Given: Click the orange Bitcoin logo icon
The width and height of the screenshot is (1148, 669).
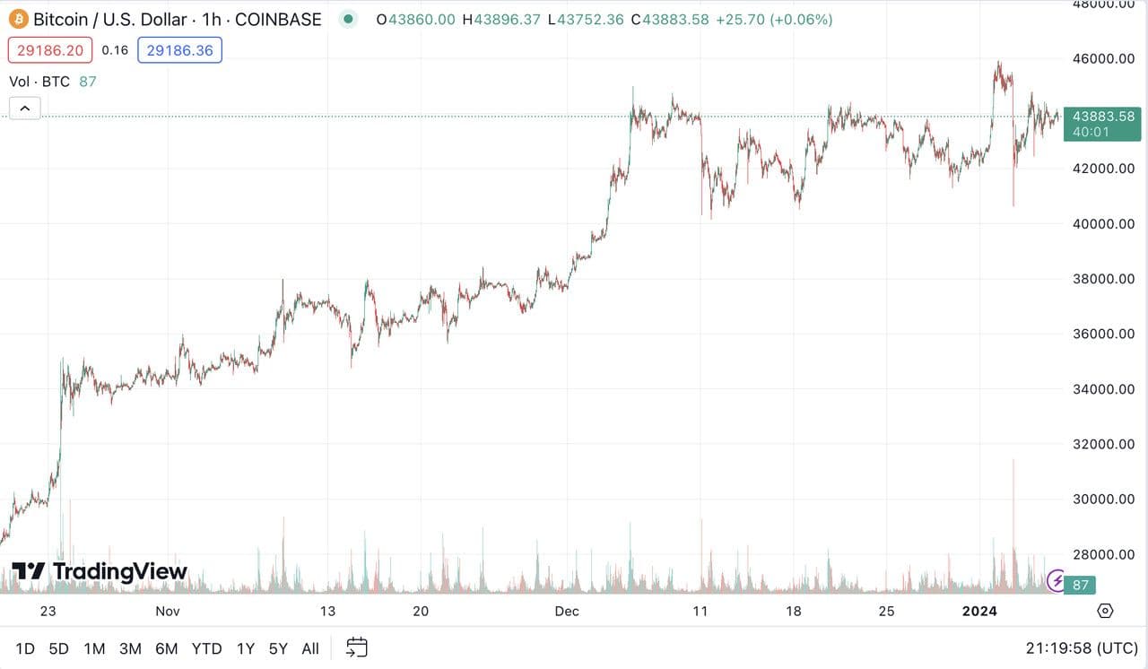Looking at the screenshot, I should [x=19, y=19].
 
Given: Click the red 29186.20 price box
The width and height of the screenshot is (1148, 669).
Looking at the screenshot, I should [x=51, y=50].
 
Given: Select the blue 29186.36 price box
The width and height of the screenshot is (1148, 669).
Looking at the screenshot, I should [x=179, y=50].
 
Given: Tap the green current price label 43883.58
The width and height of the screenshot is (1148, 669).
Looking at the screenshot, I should [x=1101, y=117].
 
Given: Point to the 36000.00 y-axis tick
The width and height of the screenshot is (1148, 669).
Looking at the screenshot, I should [x=1102, y=334].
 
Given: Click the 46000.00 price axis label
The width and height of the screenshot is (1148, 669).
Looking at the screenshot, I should [x=1102, y=58].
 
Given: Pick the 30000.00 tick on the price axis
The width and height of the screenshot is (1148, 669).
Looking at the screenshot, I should [x=1102, y=499].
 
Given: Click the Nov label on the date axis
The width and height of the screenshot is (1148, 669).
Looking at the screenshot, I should [x=168, y=612].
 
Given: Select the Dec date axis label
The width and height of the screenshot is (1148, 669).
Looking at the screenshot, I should [x=567, y=612].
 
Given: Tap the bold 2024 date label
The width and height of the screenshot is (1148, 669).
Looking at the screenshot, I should [x=978, y=612].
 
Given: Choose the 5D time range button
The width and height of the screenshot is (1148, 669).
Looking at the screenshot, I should [x=58, y=648].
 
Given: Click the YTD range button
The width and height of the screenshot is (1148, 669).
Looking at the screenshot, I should [x=206, y=648].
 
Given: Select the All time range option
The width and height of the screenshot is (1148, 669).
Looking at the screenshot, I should [x=310, y=648].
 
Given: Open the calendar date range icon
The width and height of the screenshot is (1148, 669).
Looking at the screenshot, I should [x=357, y=647].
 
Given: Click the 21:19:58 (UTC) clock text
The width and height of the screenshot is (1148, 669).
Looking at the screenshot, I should [x=1082, y=648].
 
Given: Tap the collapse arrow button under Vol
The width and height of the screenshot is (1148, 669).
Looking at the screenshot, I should [x=24, y=109].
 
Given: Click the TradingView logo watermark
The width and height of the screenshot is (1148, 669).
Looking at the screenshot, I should [x=100, y=571].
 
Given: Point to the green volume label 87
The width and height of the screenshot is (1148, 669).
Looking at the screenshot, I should [x=1080, y=586].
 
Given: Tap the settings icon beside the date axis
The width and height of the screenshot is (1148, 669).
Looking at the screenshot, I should [x=1105, y=611].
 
